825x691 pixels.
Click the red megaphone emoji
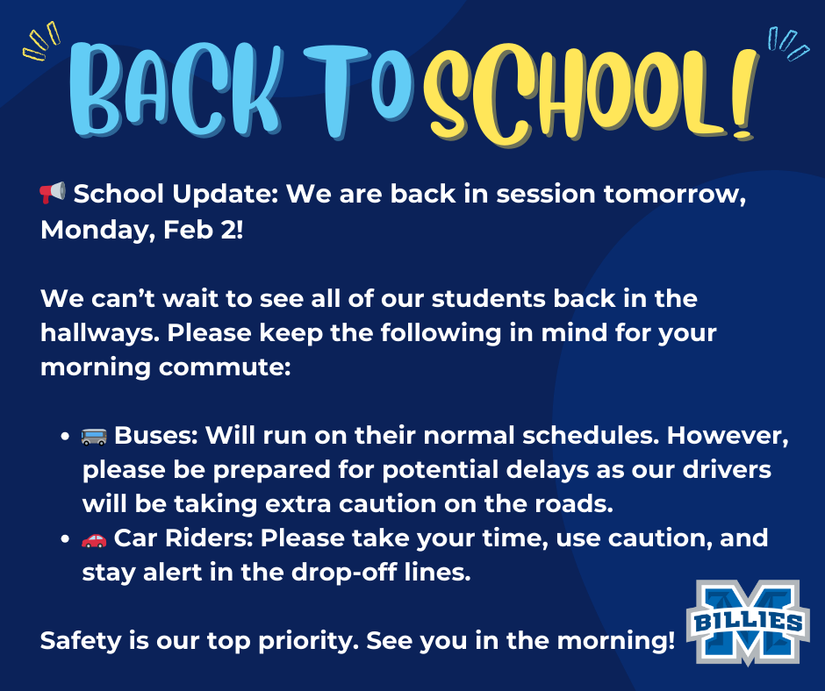(53, 192)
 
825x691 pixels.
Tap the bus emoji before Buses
(94, 436)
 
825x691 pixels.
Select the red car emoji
(94, 539)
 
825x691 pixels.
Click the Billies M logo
(748, 622)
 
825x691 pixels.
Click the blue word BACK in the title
(176, 90)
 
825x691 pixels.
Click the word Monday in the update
(98, 231)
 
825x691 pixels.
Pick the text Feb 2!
(203, 229)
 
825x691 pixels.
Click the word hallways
(100, 333)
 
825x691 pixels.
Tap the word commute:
(225, 367)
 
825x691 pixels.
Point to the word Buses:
(156, 436)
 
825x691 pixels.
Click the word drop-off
(344, 572)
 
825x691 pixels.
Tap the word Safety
(81, 641)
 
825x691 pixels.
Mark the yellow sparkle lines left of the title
(41, 40)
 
